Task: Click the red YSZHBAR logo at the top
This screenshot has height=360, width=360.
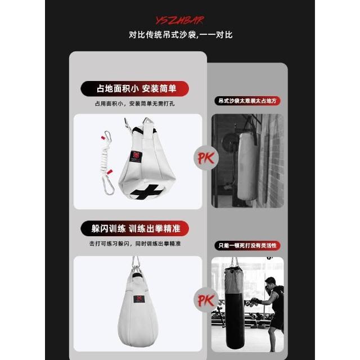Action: click(180, 20)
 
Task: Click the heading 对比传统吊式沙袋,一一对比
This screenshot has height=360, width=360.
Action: click(181, 35)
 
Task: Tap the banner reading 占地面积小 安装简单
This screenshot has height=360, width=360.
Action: click(135, 89)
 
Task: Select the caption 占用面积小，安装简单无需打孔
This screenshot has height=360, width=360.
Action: click(135, 103)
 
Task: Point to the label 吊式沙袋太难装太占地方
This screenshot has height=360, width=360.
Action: click(247, 101)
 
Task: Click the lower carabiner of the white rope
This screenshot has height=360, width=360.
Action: click(108, 185)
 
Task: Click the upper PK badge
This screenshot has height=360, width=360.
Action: click(206, 158)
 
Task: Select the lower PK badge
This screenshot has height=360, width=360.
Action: click(206, 300)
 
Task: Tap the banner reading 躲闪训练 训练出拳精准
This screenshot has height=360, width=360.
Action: click(135, 229)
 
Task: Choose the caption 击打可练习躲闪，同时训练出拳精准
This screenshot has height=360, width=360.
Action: click(135, 244)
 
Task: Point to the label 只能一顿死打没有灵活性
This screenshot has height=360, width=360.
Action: click(247, 245)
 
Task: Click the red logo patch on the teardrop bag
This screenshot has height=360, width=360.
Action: click(139, 299)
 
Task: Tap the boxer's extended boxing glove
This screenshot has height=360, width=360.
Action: click(256, 301)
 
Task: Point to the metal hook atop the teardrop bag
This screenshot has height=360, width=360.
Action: click(136, 264)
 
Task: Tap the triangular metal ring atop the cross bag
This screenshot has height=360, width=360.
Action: click(148, 121)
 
